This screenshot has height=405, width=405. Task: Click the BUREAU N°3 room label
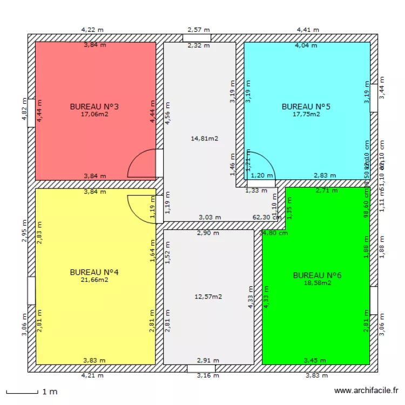pos(94,107)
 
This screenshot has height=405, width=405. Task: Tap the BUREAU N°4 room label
pos(94,272)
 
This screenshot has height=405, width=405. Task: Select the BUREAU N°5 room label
pos(306,107)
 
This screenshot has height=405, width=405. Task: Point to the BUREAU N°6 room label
pos(317,275)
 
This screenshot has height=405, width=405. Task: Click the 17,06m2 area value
pos(94,114)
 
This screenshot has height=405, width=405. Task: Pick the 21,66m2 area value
pos(94,280)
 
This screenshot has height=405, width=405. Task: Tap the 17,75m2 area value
pos(306,114)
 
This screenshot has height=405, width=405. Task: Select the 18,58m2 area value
pos(317,283)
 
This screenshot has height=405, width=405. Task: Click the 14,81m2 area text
pos(205,139)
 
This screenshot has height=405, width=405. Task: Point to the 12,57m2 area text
pos(208,296)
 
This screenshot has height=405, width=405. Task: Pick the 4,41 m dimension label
pos(308,30)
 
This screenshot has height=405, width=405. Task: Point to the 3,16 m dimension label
pos(208,376)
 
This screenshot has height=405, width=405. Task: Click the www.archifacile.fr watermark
pos(367,390)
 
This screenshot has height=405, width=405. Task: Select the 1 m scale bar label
pos(50,391)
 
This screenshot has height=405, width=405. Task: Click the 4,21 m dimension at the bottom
pos(92,376)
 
